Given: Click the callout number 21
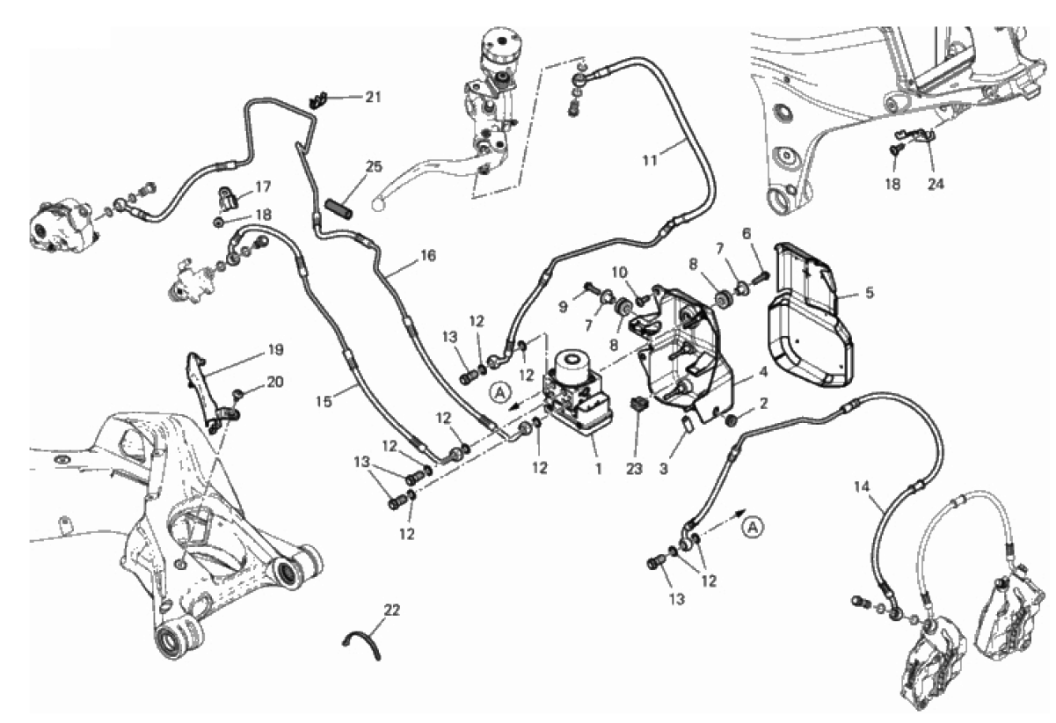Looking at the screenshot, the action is (373, 97).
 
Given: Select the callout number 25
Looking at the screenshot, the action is (374, 166).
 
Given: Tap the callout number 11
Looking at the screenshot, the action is (650, 160).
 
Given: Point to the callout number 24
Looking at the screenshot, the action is (936, 184).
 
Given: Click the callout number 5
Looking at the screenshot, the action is (870, 293).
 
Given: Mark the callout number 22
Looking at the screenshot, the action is (391, 610).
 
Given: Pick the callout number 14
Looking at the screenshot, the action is (862, 486).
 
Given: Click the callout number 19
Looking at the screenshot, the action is (276, 350).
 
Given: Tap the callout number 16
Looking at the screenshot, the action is (428, 256).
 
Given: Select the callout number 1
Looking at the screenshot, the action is (598, 469).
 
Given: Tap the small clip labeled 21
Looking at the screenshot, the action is (319, 100).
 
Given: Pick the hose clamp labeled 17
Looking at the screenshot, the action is (227, 199).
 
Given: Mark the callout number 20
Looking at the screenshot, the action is (275, 382).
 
